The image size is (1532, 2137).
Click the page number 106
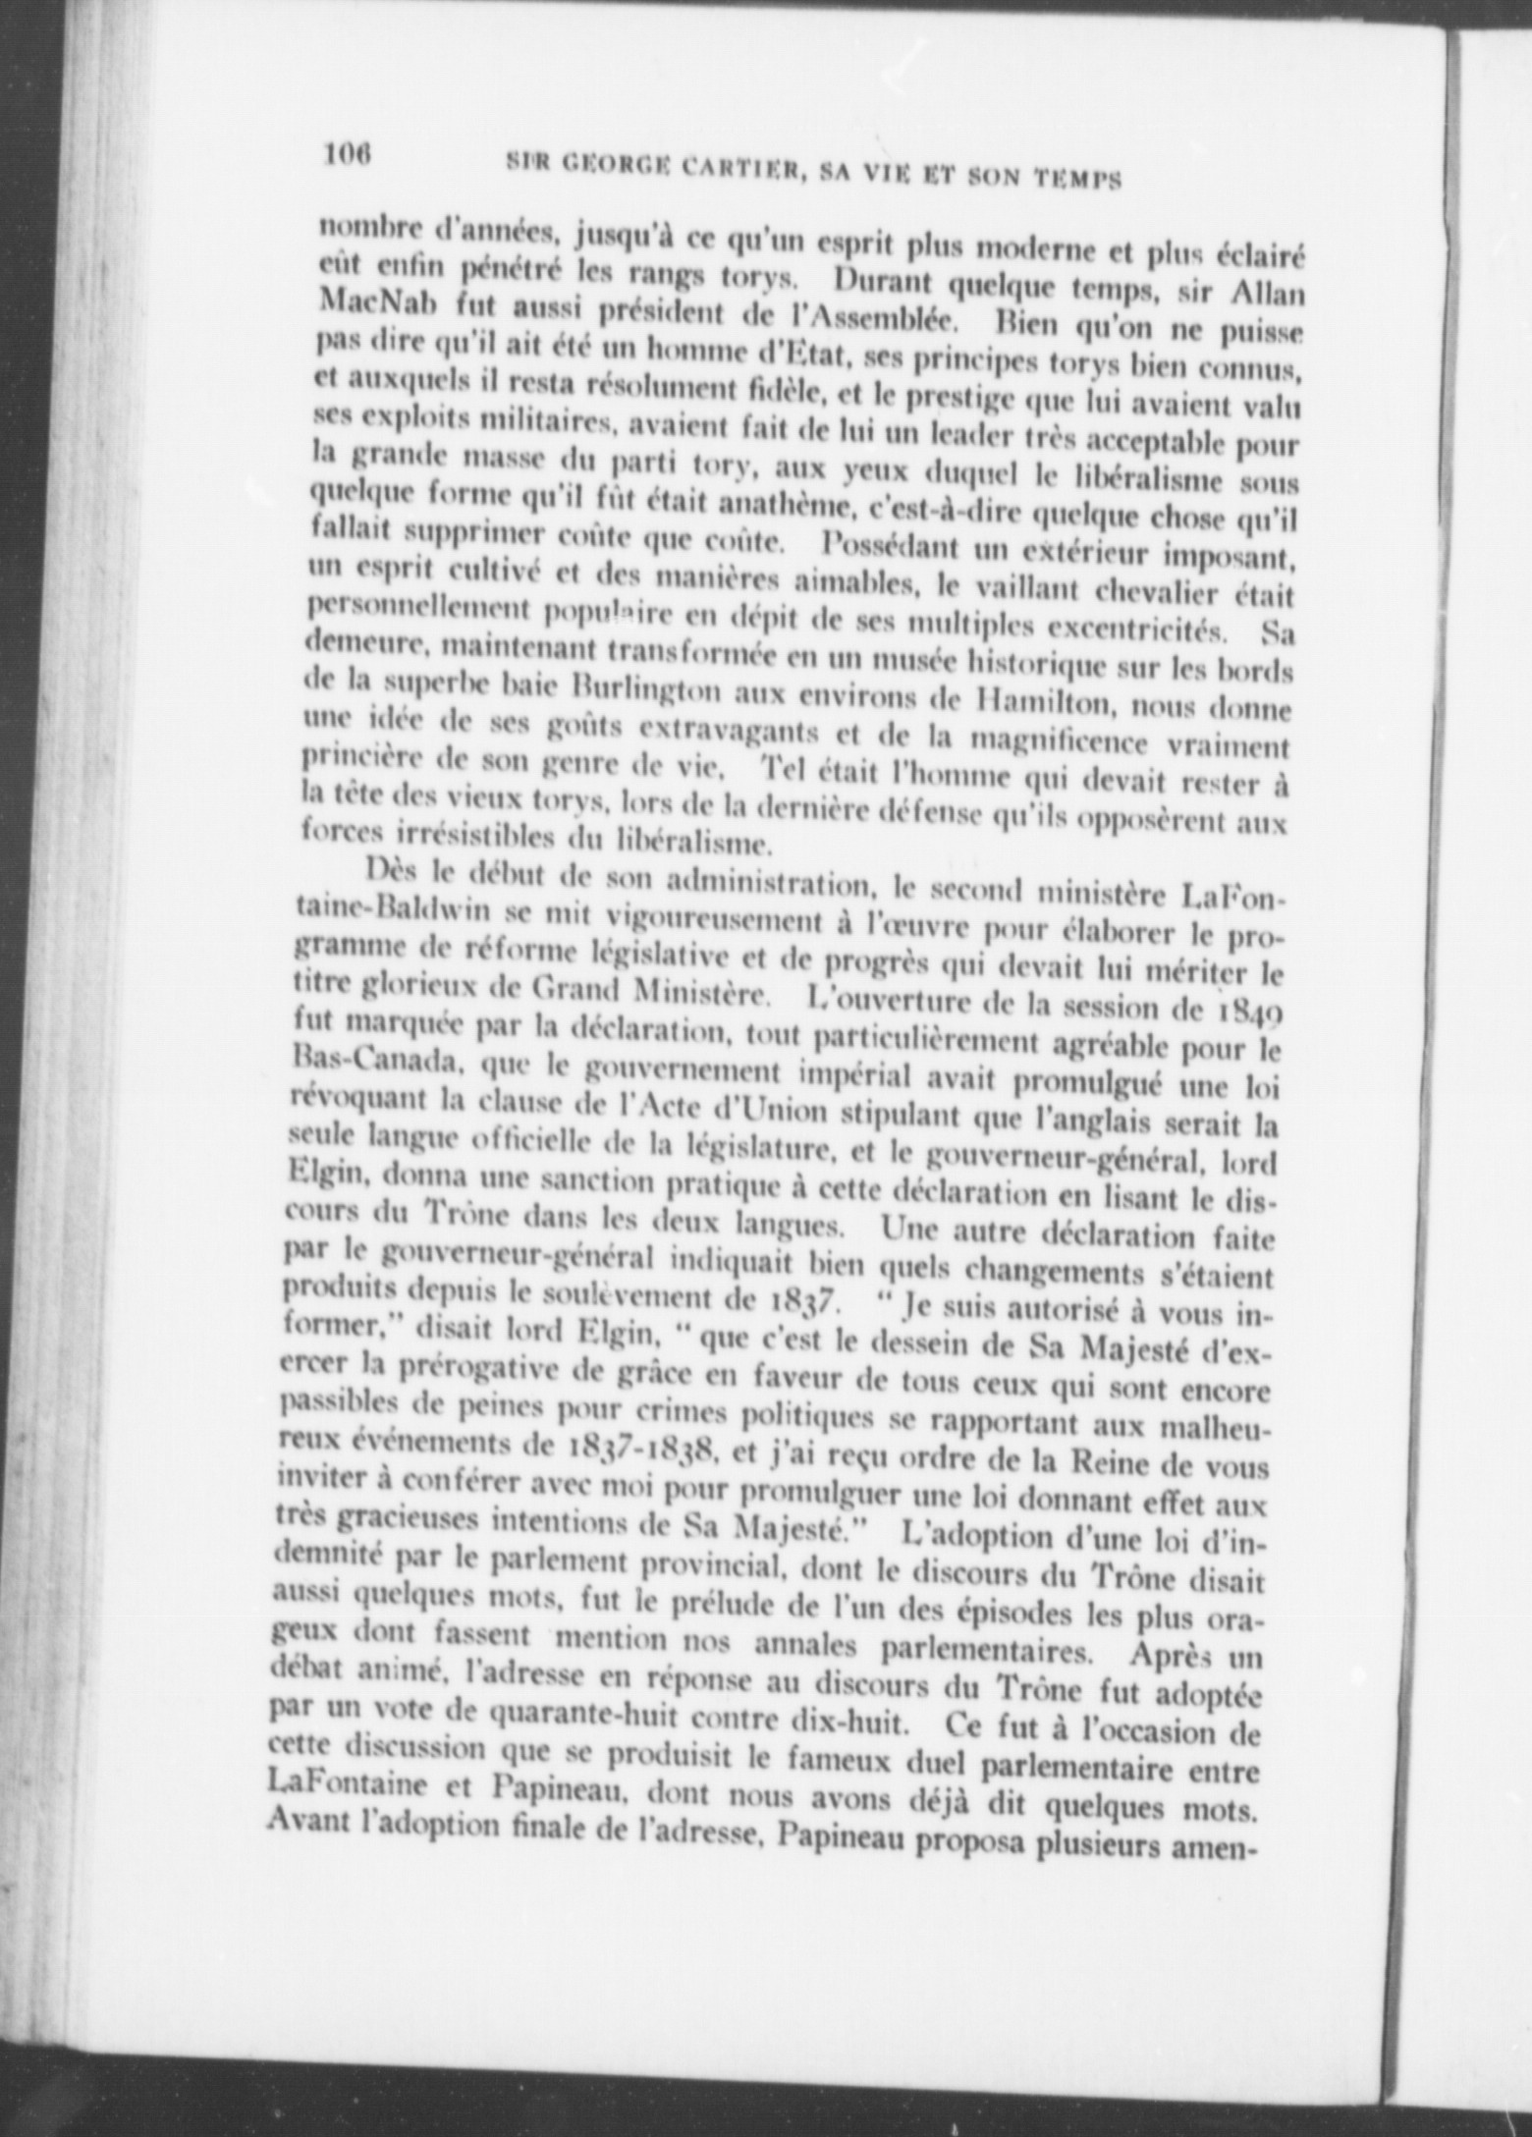coord(343,153)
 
